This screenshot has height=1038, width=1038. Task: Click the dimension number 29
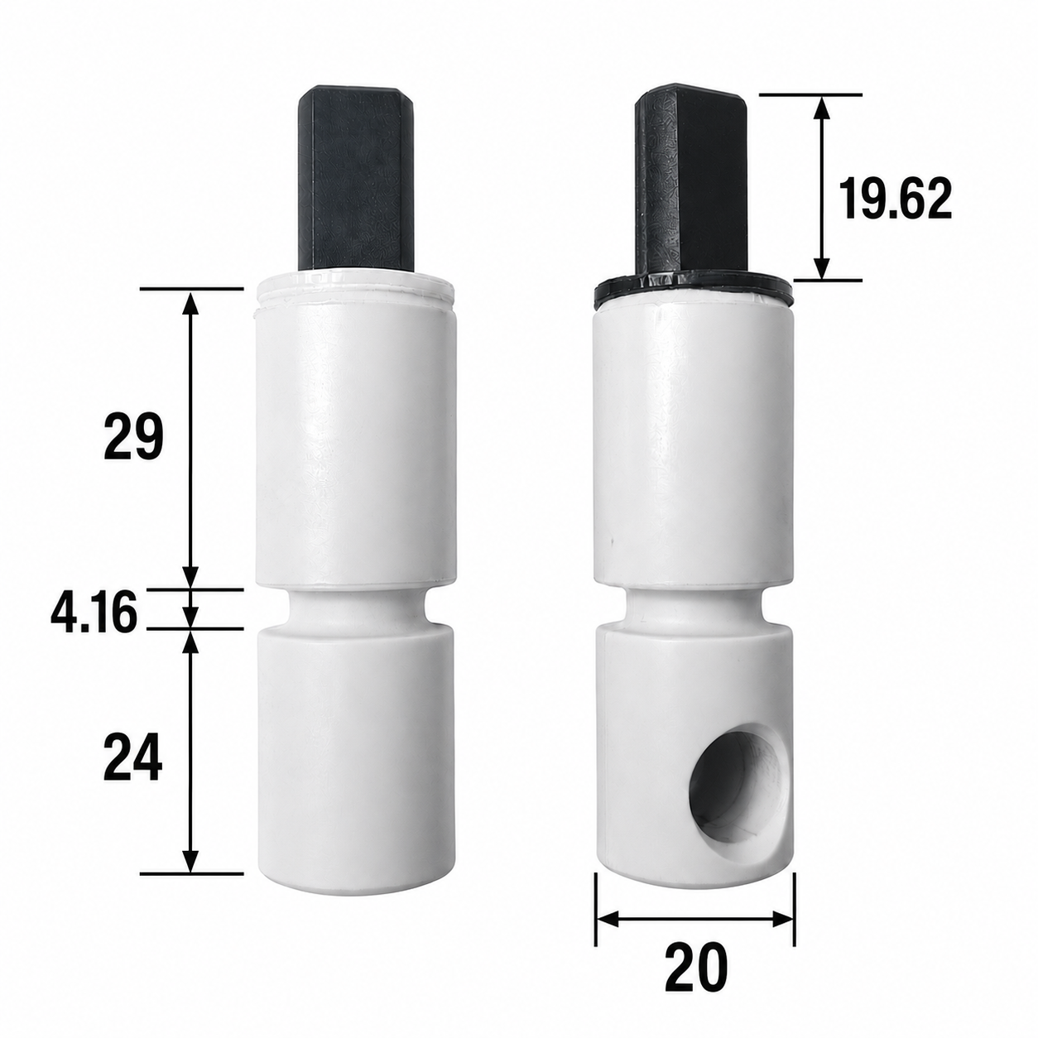(133, 437)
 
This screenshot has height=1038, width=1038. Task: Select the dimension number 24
(133, 757)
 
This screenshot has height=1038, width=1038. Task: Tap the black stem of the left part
(355, 178)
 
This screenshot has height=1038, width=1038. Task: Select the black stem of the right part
(691, 183)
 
